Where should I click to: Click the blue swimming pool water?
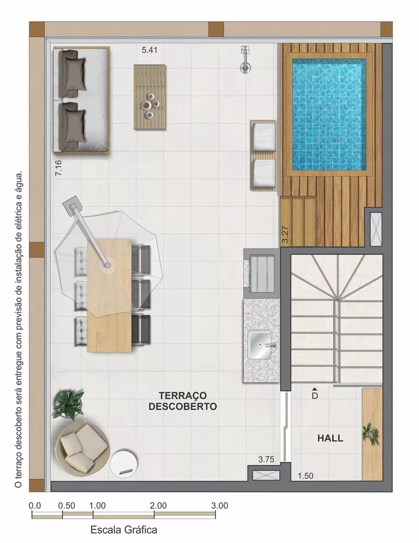[329, 114]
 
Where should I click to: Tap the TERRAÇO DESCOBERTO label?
[183, 401]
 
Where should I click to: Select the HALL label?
[330, 438]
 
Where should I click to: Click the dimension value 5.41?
[150, 50]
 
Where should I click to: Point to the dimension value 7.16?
[58, 166]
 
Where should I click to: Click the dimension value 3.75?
[266, 459]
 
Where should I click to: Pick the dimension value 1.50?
[306, 476]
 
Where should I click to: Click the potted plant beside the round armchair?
[68, 405]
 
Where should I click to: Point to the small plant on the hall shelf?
[371, 433]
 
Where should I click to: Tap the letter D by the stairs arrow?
[314, 396]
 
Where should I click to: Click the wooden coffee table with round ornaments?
[149, 97]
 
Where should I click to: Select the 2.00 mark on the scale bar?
[158, 505]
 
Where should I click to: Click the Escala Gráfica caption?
[124, 529]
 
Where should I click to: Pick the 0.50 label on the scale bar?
[66, 505]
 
